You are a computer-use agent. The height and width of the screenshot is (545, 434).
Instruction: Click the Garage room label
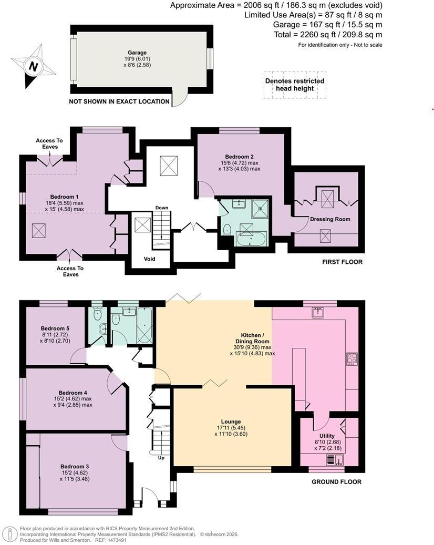[x=137, y=53]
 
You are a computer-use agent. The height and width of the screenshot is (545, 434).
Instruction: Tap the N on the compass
[x=33, y=66]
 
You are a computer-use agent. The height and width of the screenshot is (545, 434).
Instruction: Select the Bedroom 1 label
[x=64, y=197]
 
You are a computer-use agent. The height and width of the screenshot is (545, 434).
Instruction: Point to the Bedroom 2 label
[x=240, y=157]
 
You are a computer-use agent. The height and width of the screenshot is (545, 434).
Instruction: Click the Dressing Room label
[x=330, y=219]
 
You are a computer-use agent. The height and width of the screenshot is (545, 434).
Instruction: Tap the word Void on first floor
[x=149, y=259]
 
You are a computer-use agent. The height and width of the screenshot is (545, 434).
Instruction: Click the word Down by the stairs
[x=162, y=208]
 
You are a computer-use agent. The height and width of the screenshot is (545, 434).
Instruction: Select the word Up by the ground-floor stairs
[x=161, y=458]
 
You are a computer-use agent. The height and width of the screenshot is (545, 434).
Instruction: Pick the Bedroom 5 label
[x=55, y=328]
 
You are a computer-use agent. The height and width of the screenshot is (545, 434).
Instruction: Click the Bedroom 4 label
[x=73, y=393]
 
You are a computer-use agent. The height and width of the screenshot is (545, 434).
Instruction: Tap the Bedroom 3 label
[x=75, y=467]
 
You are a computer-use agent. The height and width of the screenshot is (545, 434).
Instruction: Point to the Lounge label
[x=231, y=422]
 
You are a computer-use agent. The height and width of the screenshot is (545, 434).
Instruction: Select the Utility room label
[x=327, y=436]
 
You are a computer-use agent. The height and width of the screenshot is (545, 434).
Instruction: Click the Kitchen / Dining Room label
[x=252, y=338]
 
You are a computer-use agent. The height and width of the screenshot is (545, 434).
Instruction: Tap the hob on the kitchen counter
[x=352, y=359]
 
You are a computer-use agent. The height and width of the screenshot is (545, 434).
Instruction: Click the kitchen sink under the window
[x=317, y=313]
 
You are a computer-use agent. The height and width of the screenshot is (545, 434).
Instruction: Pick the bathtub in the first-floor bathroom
[x=251, y=240]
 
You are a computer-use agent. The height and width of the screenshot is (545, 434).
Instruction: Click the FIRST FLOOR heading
[x=342, y=262]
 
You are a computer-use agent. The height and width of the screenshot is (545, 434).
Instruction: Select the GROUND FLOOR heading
[x=336, y=482]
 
